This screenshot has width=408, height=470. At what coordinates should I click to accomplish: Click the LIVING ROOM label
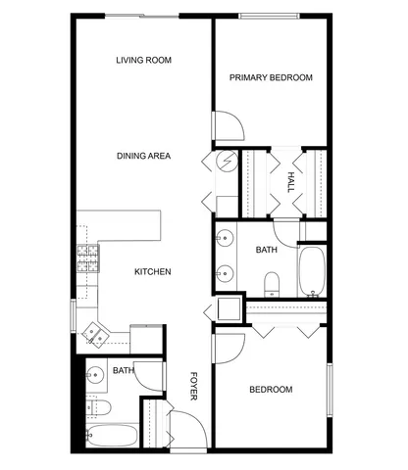[x=143, y=61]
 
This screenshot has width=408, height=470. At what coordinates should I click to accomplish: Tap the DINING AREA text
[x=144, y=156]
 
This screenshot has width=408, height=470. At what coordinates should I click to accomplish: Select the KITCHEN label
[x=153, y=272]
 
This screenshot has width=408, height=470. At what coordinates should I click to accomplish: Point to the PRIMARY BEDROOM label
[x=271, y=77]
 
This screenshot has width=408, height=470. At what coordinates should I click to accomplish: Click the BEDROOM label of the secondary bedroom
[x=271, y=390]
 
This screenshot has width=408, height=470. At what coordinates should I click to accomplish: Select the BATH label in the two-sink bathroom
[x=267, y=251]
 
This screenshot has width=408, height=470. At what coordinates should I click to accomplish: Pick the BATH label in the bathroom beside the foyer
[x=123, y=370]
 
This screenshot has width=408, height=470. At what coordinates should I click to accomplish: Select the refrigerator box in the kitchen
[x=146, y=338]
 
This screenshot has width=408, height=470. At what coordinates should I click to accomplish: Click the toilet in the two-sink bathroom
[x=273, y=284]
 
